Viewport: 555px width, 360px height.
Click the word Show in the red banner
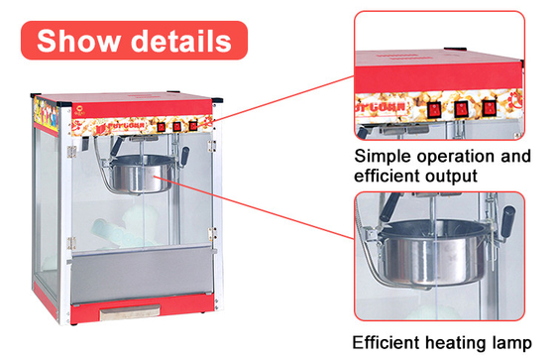pyautogui.click(x=78, y=41)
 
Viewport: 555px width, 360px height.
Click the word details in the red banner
pyautogui.click(x=181, y=41)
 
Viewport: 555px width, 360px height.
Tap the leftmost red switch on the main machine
pyautogui.click(x=161, y=127)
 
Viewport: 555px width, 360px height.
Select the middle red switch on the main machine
pyautogui.click(x=177, y=126)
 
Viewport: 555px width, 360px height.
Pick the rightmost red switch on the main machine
pyautogui.click(x=193, y=125)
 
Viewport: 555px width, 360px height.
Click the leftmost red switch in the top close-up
pyautogui.click(x=434, y=110)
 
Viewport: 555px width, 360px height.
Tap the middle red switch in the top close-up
pyautogui.click(x=461, y=109)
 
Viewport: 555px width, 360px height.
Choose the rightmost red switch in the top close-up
pyautogui.click(x=489, y=108)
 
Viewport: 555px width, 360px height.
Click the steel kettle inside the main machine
pyautogui.click(x=142, y=175)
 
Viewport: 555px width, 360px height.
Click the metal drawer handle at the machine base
pyautogui.click(x=130, y=312)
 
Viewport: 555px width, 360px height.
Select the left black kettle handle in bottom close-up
pyautogui.click(x=389, y=207)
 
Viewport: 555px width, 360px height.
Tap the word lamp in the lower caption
pyautogui.click(x=511, y=343)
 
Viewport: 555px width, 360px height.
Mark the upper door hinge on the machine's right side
pyautogui.click(x=212, y=145)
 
